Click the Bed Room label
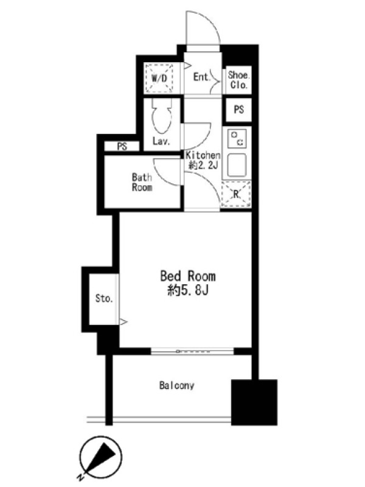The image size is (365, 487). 188,276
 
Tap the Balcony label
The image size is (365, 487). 176,385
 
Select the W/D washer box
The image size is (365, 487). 159,78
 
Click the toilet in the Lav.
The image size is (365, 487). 161,116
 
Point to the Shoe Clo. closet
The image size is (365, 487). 238,80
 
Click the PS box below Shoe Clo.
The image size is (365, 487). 238,110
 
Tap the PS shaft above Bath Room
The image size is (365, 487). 122,146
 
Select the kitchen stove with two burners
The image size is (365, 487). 237,139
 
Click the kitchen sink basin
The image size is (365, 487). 237,165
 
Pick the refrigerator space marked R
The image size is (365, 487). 236,194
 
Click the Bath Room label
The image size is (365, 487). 142,182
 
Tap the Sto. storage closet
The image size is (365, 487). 103,299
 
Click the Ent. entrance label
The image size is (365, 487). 202,77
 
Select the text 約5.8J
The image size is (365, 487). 188,290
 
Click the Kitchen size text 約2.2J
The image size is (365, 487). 203,165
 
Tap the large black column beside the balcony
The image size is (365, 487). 254,402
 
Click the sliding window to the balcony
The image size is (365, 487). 192,351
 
